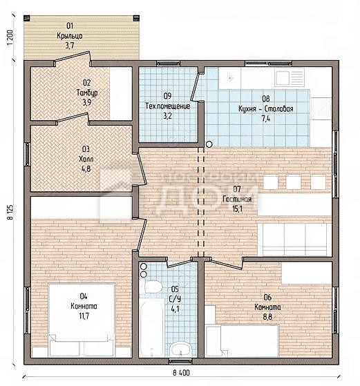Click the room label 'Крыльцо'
(x=70, y=36)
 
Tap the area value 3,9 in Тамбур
(x=87, y=102)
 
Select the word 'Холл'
(x=86, y=159)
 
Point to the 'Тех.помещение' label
(x=167, y=106)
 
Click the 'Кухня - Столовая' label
(x=265, y=108)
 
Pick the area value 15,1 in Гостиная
(x=237, y=209)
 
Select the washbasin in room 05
(x=181, y=349)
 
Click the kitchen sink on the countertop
(x=290, y=77)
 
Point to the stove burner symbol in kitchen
(x=230, y=78)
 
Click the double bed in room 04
(x=82, y=320)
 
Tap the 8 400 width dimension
(x=181, y=373)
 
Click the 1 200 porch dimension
(x=10, y=37)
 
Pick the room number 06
(x=267, y=297)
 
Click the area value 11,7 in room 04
(x=84, y=316)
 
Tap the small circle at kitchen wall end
(x=209, y=144)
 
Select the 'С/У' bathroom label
(x=175, y=299)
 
